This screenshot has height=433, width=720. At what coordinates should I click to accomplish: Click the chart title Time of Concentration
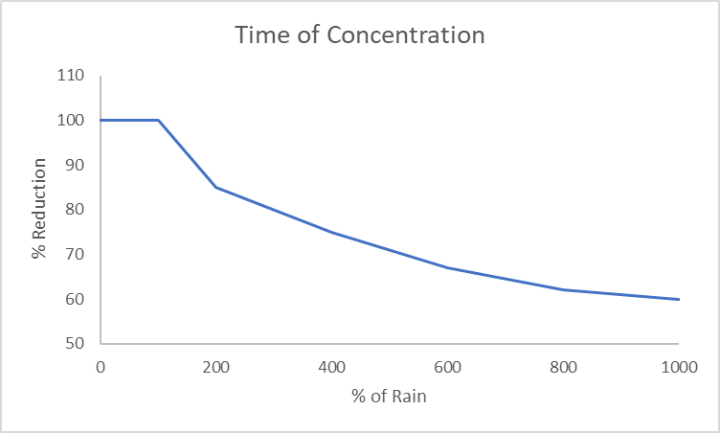[x=360, y=36]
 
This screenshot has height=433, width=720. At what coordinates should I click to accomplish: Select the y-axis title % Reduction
[x=39, y=210]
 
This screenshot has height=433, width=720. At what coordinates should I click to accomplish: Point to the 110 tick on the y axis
[x=71, y=76]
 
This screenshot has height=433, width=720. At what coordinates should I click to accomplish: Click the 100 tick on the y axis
[x=71, y=121]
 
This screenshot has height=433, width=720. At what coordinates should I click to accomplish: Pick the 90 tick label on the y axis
[x=75, y=165]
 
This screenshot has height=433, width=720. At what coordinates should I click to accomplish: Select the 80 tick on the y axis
[x=75, y=210]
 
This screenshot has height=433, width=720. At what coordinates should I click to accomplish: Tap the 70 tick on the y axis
[x=75, y=255]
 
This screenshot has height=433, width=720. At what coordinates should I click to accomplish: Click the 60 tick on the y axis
[x=75, y=299]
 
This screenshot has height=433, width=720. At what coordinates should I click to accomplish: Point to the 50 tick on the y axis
[x=75, y=344]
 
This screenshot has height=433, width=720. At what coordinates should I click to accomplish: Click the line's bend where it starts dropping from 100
[x=158, y=120]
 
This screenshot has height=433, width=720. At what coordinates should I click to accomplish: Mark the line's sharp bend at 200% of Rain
[x=216, y=187]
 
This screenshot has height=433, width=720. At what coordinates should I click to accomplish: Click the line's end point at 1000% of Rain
[x=679, y=299]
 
